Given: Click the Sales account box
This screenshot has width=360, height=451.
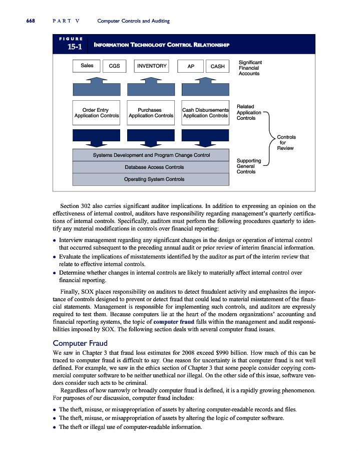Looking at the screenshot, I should [87, 66].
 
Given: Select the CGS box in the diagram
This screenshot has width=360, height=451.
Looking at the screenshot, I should [114, 66].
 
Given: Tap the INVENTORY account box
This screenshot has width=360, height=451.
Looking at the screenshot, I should [152, 66].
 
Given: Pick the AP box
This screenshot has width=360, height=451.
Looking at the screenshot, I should [190, 66].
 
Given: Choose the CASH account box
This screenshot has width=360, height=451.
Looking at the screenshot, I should [217, 66].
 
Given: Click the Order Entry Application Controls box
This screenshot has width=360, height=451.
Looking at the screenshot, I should [97, 113].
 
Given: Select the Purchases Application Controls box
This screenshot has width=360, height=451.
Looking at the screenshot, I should [151, 113].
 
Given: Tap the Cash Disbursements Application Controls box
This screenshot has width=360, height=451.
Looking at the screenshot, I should [205, 113].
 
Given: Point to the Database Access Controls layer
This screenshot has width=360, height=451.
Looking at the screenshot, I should [151, 167].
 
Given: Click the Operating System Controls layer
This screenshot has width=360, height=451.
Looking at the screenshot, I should [151, 179].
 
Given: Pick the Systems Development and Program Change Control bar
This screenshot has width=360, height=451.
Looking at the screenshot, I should [151, 155].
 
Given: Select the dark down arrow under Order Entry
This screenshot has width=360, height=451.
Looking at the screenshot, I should [97, 138].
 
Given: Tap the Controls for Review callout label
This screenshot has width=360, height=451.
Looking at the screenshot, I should [286, 142].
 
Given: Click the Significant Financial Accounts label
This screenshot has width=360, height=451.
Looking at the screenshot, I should [250, 68].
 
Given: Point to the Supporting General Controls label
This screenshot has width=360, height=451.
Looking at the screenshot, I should [248, 166].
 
